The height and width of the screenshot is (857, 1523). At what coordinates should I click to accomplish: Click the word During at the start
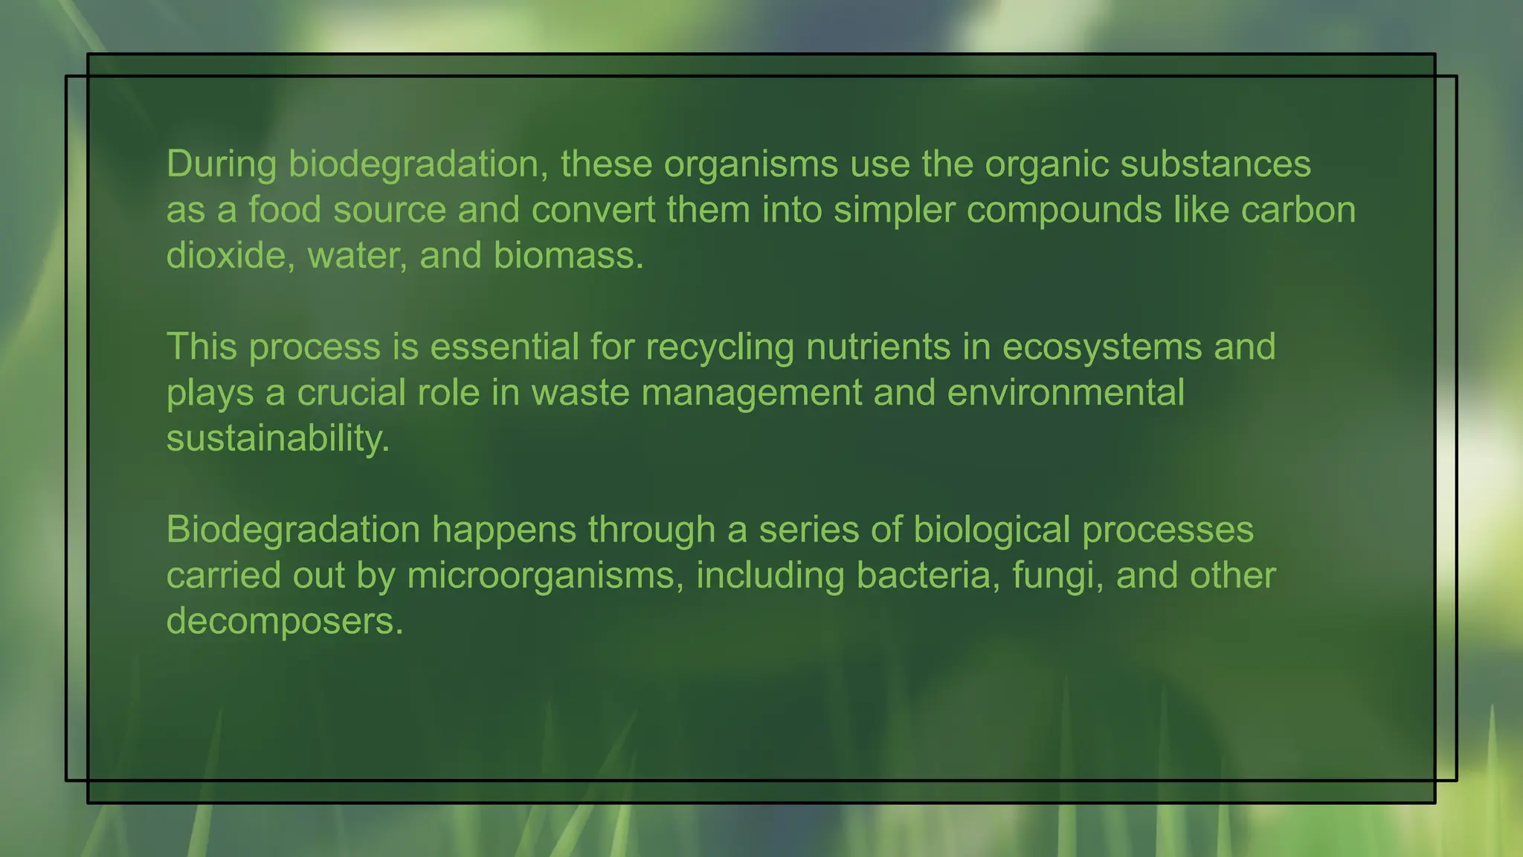221,164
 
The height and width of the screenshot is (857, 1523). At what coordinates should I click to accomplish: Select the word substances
1215,164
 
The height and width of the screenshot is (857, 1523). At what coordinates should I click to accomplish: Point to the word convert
593,210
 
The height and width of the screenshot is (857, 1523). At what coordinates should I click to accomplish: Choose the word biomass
568,256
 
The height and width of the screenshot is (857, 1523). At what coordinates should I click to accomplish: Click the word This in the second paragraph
202,347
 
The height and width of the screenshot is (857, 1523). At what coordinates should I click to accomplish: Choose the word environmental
1065,393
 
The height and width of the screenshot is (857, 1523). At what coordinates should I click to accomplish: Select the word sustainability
277,439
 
